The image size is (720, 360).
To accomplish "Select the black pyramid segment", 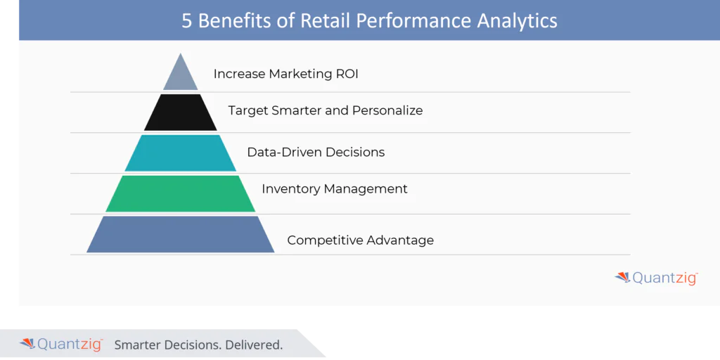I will (x=181, y=112).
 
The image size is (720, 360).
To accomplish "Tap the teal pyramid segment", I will (x=181, y=153).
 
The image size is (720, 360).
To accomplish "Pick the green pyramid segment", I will (x=181, y=193).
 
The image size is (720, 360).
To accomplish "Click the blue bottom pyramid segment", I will (x=181, y=234).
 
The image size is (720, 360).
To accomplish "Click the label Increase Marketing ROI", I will (x=285, y=74).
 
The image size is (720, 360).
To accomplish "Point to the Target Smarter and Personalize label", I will (x=326, y=110).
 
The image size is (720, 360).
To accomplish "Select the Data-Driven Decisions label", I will (x=316, y=152).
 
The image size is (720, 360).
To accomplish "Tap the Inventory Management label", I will (x=335, y=188).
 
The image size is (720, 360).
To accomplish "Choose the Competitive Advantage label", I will (x=360, y=240).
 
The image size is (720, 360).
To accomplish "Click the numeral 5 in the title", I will (x=187, y=20).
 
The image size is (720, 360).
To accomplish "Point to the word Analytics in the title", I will (x=517, y=20).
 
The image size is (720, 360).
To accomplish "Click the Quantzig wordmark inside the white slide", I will (x=664, y=278).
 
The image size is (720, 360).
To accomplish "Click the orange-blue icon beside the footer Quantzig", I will (x=27, y=344).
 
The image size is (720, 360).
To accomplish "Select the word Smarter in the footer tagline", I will (x=138, y=345).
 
